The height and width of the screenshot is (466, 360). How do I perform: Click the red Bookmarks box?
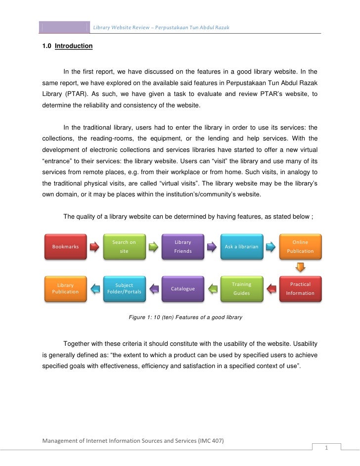pyautogui.click(x=65, y=246)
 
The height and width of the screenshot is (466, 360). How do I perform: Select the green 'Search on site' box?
pyautogui.click(x=124, y=246)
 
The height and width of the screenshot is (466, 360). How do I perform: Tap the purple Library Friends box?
pyautogui.click(x=182, y=246)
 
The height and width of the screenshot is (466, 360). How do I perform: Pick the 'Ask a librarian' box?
pyautogui.click(x=241, y=246)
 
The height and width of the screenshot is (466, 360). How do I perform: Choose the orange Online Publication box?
pyautogui.click(x=300, y=246)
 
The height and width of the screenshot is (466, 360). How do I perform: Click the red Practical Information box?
pyautogui.click(x=300, y=288)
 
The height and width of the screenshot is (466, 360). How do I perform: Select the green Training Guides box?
pyautogui.click(x=241, y=288)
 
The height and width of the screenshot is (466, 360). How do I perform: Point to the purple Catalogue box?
pyautogui.click(x=182, y=288)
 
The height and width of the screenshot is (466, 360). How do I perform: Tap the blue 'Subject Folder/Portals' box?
pyautogui.click(x=124, y=288)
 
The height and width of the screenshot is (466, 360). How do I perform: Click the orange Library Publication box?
pyautogui.click(x=65, y=288)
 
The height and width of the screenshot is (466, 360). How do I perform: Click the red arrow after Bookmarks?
pyautogui.click(x=94, y=246)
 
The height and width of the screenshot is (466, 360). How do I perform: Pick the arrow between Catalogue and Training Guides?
pyautogui.click(x=212, y=288)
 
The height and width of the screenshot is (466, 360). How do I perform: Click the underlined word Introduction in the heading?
pyautogui.click(x=73, y=46)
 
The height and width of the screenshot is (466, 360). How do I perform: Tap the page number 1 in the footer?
pyautogui.click(x=326, y=448)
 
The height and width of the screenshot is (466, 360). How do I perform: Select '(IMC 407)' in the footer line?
pyautogui.click(x=213, y=440)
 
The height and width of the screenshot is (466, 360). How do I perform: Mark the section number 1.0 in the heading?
pyautogui.click(x=47, y=46)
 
